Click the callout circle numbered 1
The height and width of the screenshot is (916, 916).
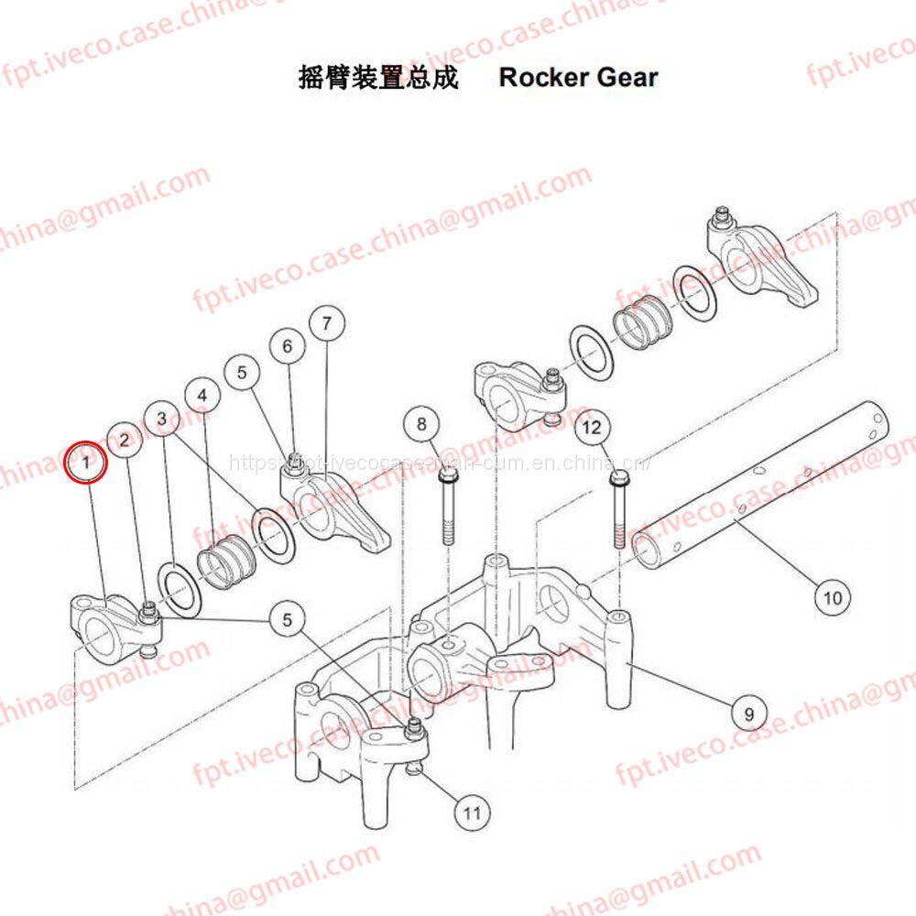pyautogui.click(x=87, y=463)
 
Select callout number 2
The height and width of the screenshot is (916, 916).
pyautogui.click(x=125, y=440)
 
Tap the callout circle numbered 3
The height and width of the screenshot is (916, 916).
pyautogui.click(x=162, y=419)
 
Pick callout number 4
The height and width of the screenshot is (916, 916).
pyautogui.click(x=202, y=395)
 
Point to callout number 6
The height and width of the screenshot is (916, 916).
pyautogui.click(x=288, y=346)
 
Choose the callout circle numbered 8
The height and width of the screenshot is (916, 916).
pyautogui.click(x=421, y=423)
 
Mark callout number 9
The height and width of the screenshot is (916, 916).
pyautogui.click(x=748, y=712)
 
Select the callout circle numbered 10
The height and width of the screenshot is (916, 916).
pyautogui.click(x=832, y=598)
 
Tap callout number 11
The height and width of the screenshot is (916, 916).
pyautogui.click(x=471, y=811)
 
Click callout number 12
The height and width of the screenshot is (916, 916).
pyautogui.click(x=593, y=427)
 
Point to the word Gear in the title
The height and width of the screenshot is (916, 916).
pyautogui.click(x=627, y=77)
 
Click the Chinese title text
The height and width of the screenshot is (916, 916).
pyautogui.click(x=378, y=77)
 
